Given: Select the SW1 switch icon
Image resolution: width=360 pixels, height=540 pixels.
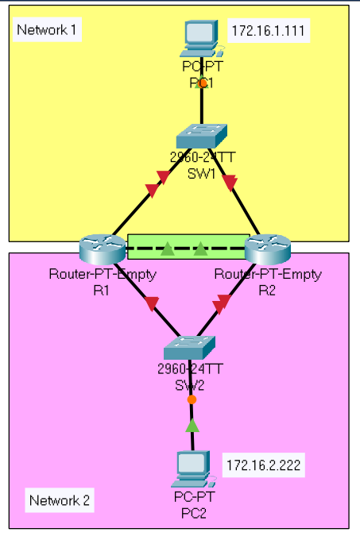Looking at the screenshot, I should pos(203,136).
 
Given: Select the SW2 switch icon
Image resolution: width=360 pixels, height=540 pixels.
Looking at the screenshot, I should pos(192,347).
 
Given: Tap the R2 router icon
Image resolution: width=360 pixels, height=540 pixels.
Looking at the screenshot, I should pos(268,248).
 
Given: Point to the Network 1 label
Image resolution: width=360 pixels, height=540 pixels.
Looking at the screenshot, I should pos(48,31).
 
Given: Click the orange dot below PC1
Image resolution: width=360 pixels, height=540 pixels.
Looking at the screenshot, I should pos(203,82).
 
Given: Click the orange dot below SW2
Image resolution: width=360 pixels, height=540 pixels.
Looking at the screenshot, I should pos(192,399).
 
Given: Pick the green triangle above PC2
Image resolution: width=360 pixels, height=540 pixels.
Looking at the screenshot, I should pos(192,426).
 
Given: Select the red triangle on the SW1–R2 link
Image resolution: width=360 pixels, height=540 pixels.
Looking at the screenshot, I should pos(231,184).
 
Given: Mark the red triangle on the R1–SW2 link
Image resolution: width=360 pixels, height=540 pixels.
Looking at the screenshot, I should pos(151,302).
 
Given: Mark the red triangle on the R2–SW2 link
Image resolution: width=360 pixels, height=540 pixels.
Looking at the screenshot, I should pos(224,302).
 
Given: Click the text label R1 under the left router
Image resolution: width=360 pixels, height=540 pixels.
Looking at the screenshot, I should pos(102,290).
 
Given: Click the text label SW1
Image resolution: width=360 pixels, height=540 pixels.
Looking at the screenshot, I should pos(202,172).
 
